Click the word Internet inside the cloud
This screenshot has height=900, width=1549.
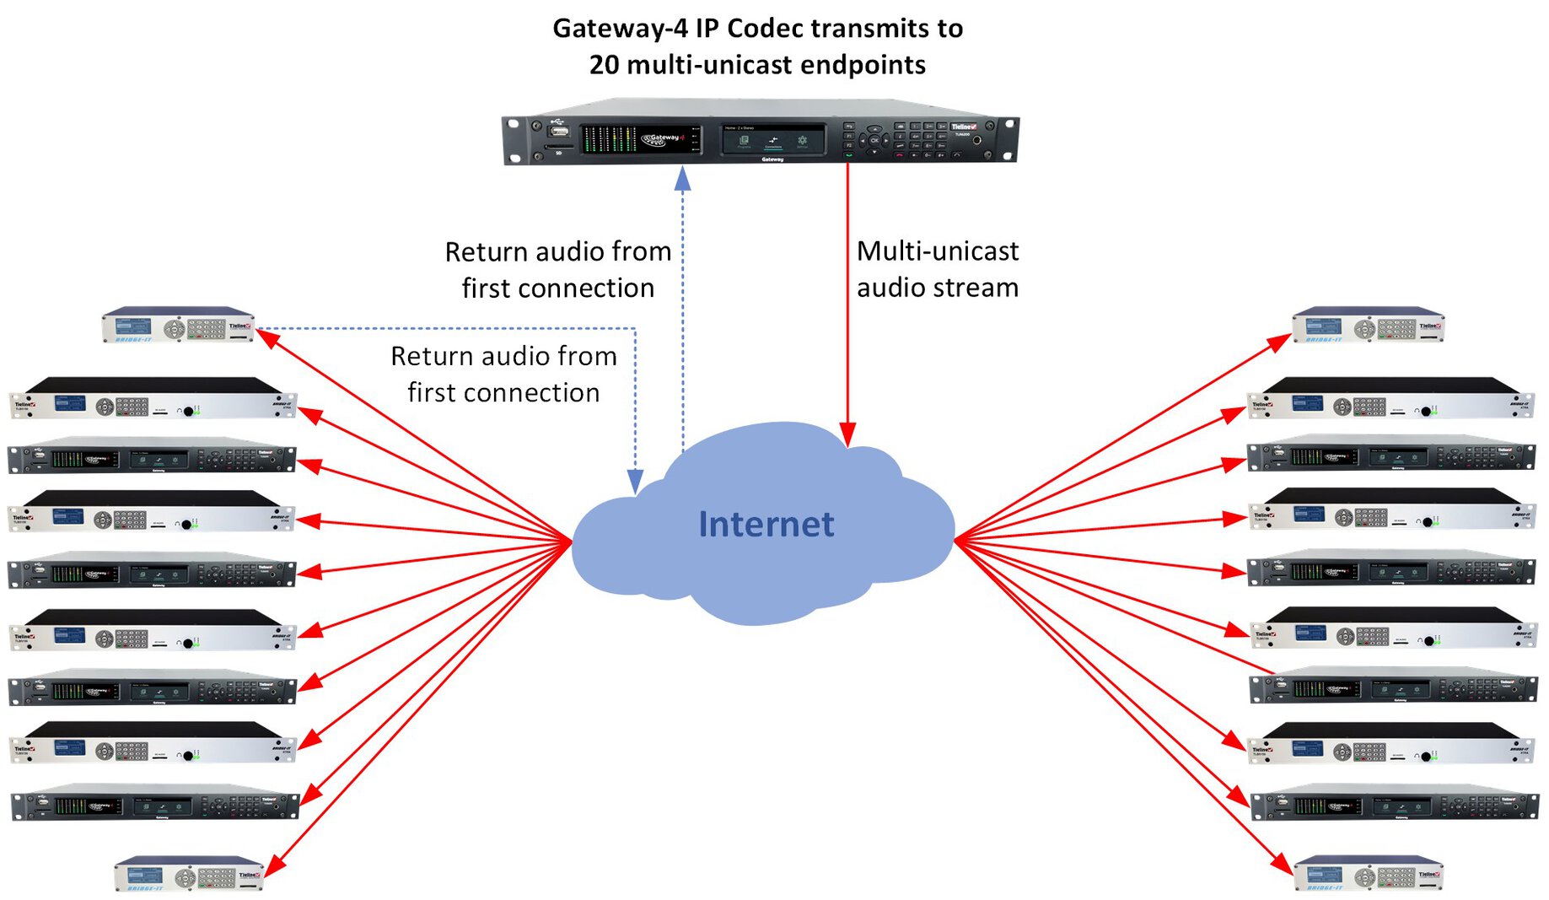766,524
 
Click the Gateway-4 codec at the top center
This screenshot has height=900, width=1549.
761,136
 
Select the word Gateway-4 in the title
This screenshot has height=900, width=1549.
620,29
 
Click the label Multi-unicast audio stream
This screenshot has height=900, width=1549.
937,269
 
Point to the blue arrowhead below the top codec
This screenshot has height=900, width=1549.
683,178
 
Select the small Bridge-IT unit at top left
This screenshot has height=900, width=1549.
179,325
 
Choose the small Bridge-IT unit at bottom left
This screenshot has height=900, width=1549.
189,874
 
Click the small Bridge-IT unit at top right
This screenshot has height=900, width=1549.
1368,325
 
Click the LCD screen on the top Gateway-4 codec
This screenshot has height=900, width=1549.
772,140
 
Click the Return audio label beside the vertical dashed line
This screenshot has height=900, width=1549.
557,269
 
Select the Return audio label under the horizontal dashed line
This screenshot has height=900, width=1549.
503,374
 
